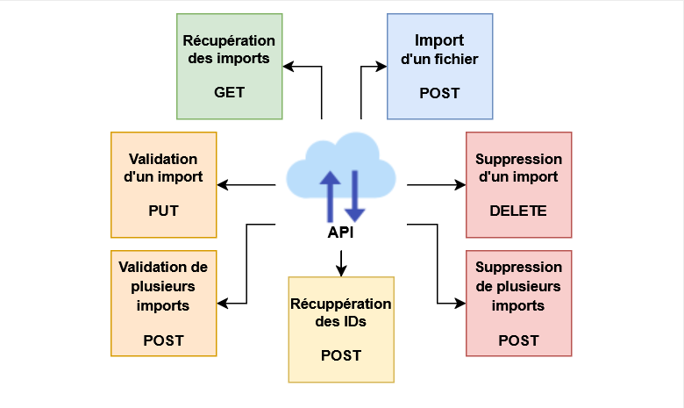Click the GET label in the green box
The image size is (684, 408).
coord(229,92)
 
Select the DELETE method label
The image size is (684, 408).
coord(518,211)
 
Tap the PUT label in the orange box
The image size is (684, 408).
coord(164,211)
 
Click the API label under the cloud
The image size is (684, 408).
coord(342,233)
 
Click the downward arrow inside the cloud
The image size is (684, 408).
coord(354,195)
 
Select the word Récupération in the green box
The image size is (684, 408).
coord(229,41)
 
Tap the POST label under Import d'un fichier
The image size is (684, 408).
coord(439,93)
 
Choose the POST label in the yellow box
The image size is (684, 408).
coord(341,355)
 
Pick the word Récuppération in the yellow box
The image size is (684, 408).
coord(341,304)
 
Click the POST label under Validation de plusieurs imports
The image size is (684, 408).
coord(164,340)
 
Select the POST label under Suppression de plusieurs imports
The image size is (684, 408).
coord(518,340)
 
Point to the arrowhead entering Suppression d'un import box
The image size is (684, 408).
coord(460,185)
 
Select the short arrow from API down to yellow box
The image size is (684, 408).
coord(342,261)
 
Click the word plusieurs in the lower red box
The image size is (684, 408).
coord(518,286)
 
